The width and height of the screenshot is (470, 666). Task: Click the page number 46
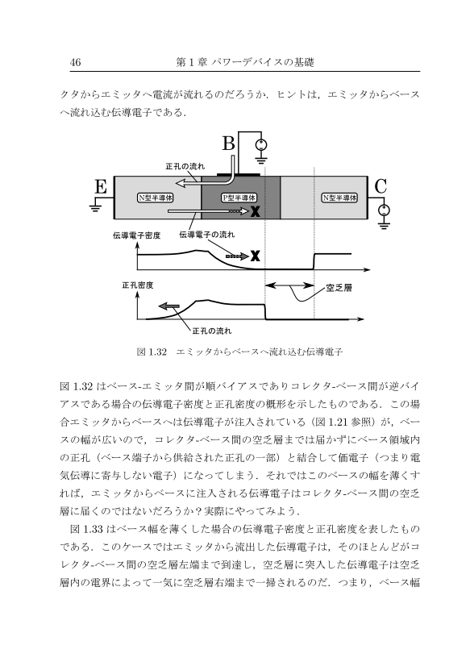pos(75,62)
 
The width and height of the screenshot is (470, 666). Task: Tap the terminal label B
pos(229,144)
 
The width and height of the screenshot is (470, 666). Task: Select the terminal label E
pos(101,186)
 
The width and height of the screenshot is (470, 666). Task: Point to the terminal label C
pos(381,186)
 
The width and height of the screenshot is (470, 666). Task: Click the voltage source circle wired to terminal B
pos(261,145)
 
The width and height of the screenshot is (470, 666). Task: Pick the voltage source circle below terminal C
pos(384,210)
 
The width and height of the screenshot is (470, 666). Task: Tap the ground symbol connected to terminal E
pos(94,208)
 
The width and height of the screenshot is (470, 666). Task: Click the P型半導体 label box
pos(239,198)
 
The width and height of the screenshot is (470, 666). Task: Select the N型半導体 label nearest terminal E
pos(156,198)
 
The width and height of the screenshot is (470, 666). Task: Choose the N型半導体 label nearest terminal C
pos(339,198)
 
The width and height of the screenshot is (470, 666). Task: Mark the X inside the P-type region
pos(255,210)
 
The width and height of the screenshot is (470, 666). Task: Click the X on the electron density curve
pos(255,256)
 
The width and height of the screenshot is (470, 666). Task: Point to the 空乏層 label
pos(339,288)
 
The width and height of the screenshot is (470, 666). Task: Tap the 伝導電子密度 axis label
pos(137,235)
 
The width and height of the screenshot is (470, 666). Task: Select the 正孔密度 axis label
pos(138,285)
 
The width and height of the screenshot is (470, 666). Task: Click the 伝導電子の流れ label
pos(206,235)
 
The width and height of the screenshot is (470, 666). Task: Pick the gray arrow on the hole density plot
pos(169,306)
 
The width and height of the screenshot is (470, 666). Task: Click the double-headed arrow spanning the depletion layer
pos(289,285)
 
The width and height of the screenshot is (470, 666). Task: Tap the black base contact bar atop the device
pos(238,174)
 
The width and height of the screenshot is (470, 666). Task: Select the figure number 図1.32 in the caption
pos(152,352)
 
